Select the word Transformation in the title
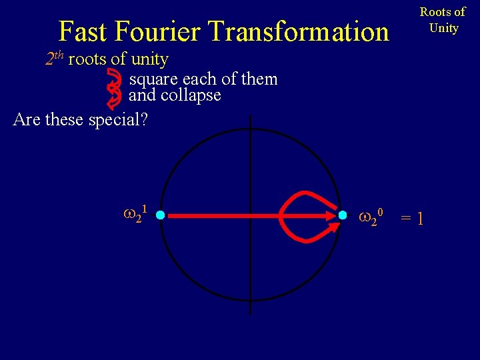click(298, 31)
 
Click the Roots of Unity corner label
click(443, 20)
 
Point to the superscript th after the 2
click(58, 55)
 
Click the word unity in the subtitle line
click(149, 59)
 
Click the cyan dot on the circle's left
click(160, 215)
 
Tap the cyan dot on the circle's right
click(342, 215)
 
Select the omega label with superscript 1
click(135, 215)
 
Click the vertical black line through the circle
click(251, 280)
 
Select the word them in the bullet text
click(260, 79)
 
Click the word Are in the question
click(27, 120)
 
